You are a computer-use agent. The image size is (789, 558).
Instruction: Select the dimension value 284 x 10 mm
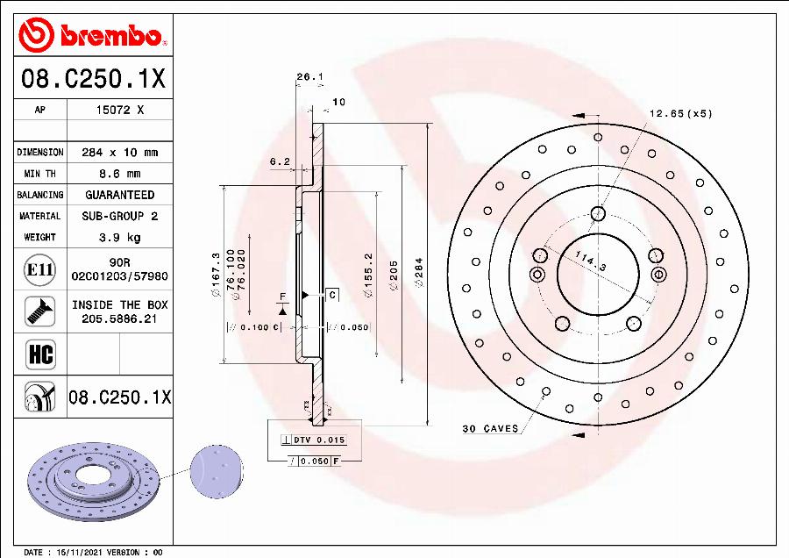[119, 153]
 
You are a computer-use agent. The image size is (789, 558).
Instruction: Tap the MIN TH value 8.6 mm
[119, 174]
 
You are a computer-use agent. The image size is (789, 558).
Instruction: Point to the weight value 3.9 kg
[119, 237]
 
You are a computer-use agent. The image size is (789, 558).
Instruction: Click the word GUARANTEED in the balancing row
[119, 195]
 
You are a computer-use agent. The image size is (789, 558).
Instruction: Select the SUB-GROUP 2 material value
[119, 216]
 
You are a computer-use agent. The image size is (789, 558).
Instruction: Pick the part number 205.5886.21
[119, 319]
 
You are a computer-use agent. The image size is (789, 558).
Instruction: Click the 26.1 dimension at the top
[309, 77]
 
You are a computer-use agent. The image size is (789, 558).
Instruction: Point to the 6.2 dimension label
[280, 161]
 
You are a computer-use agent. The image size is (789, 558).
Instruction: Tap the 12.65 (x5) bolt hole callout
[680, 113]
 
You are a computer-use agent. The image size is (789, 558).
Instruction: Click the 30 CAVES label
[490, 429]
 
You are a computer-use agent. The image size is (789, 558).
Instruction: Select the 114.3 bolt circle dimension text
[591, 261]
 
